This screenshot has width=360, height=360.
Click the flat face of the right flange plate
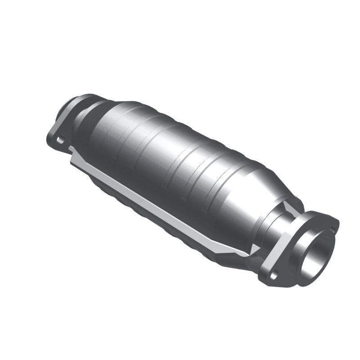[x=288, y=252]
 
